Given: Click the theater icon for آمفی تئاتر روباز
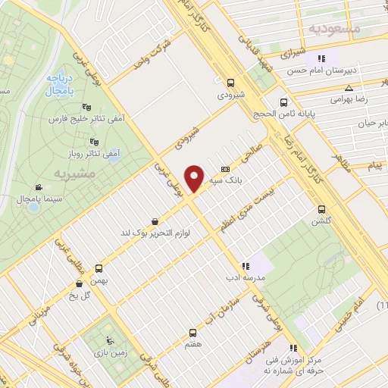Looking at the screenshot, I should point(94,142).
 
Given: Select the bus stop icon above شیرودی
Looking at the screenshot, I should point(230,83).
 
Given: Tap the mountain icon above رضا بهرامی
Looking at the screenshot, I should point(339,88).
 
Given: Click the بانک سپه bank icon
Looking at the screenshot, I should point(224,169).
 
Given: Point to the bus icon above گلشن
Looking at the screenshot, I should point(321,208).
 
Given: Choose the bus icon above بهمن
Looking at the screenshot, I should point(97,268).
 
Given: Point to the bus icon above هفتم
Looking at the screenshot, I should point(192,332).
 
